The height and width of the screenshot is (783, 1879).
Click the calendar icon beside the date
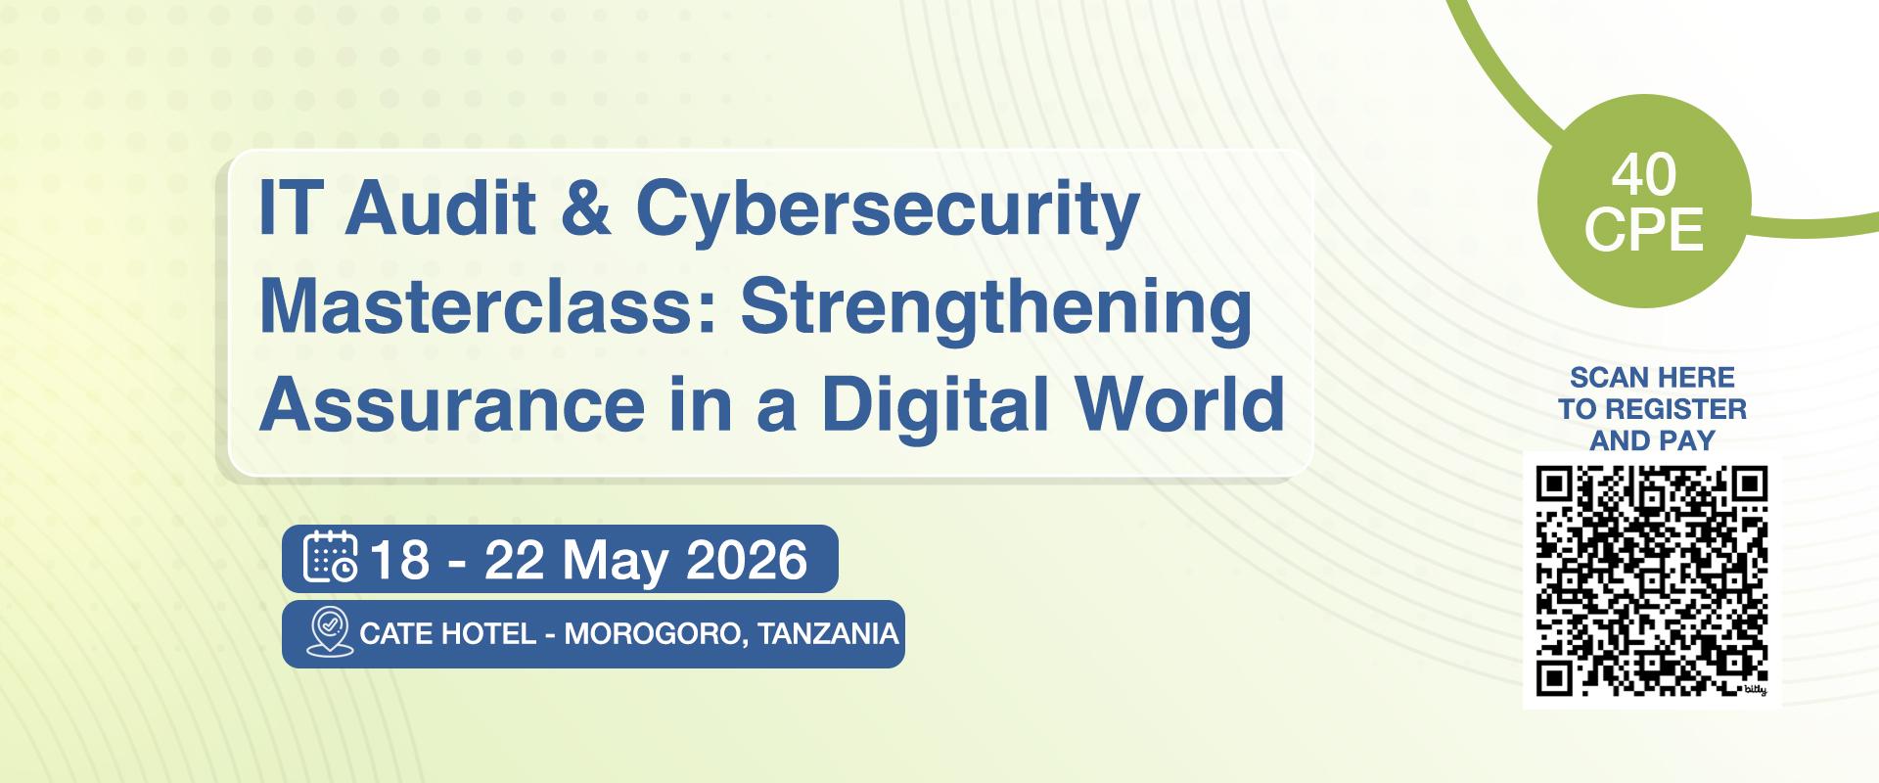coord(331,557)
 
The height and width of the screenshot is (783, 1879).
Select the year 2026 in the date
coord(747,560)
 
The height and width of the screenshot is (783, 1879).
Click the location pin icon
coord(330,632)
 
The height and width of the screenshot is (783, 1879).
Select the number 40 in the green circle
coord(1644,175)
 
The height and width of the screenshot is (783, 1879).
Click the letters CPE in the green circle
coord(1644,230)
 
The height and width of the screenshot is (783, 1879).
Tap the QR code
coord(1652,581)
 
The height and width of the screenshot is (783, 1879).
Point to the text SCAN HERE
coord(1652,377)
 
